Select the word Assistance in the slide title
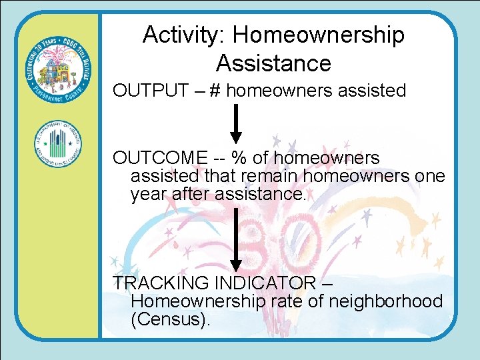point(273,63)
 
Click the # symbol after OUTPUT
point(215,91)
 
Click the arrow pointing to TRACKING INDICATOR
point(235,240)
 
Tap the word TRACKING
point(158,283)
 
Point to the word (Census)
point(171,319)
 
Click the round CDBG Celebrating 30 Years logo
point(59,69)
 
